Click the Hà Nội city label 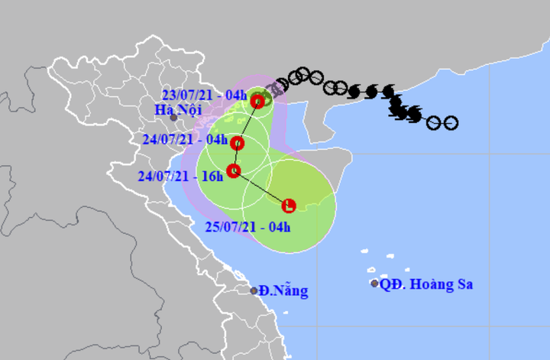click(x=172, y=109)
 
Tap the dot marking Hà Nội click(x=173, y=118)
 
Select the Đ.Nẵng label click(x=284, y=290)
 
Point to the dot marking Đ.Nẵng click(x=254, y=290)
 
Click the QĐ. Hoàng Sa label click(x=427, y=284)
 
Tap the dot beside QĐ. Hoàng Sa click(x=374, y=284)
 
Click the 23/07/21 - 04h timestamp click(x=205, y=96)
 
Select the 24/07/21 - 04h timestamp click(x=186, y=141)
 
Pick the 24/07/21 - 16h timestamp click(x=182, y=178)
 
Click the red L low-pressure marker click(x=289, y=205)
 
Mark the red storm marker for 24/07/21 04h click(x=238, y=143)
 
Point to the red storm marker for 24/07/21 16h click(x=234, y=170)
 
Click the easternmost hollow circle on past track click(x=451, y=122)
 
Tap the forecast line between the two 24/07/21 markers click(x=235, y=157)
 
